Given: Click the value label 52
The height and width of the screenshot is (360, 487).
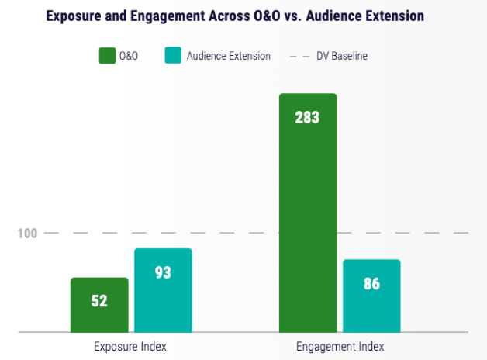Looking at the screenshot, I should pyautogui.click(x=99, y=301).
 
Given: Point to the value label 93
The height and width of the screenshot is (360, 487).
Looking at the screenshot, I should pyautogui.click(x=163, y=273).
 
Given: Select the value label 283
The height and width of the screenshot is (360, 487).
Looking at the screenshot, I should pyautogui.click(x=307, y=118).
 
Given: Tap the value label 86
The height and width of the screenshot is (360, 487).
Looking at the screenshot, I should pyautogui.click(x=371, y=284).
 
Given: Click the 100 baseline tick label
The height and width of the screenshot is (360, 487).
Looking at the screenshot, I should pyautogui.click(x=27, y=233).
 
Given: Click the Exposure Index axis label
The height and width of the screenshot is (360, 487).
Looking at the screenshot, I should pyautogui.click(x=130, y=347).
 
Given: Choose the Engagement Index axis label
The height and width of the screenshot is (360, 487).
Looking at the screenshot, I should pyautogui.click(x=340, y=347).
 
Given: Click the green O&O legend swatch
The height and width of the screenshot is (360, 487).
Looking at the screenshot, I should pyautogui.click(x=106, y=56).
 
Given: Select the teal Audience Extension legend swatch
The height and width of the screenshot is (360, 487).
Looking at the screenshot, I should pyautogui.click(x=173, y=56).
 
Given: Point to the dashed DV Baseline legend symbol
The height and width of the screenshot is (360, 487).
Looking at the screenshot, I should pyautogui.click(x=299, y=56).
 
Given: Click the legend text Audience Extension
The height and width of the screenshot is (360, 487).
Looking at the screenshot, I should pyautogui.click(x=230, y=56).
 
